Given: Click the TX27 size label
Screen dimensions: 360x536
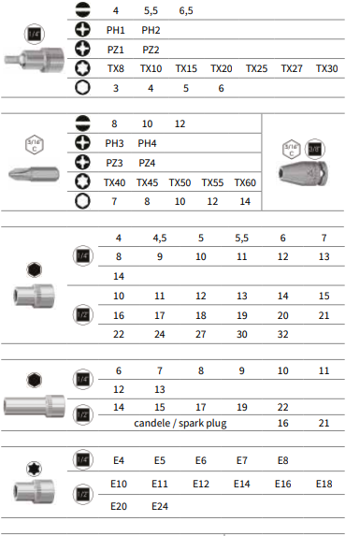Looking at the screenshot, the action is (292, 68).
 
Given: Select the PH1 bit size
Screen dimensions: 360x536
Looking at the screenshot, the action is (115, 31).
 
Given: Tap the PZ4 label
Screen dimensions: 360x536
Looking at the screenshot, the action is (147, 163).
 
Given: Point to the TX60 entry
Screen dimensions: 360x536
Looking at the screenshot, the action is (245, 182).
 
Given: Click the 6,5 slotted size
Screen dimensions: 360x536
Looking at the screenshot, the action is (186, 11).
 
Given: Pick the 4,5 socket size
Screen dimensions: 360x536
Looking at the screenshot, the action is (160, 238).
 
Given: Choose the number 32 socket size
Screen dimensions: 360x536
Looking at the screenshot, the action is (282, 334).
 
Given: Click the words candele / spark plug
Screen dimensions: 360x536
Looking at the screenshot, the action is (180, 423).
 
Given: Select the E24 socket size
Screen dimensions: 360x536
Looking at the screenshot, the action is (160, 506).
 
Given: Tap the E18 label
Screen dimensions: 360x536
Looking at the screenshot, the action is (324, 484).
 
